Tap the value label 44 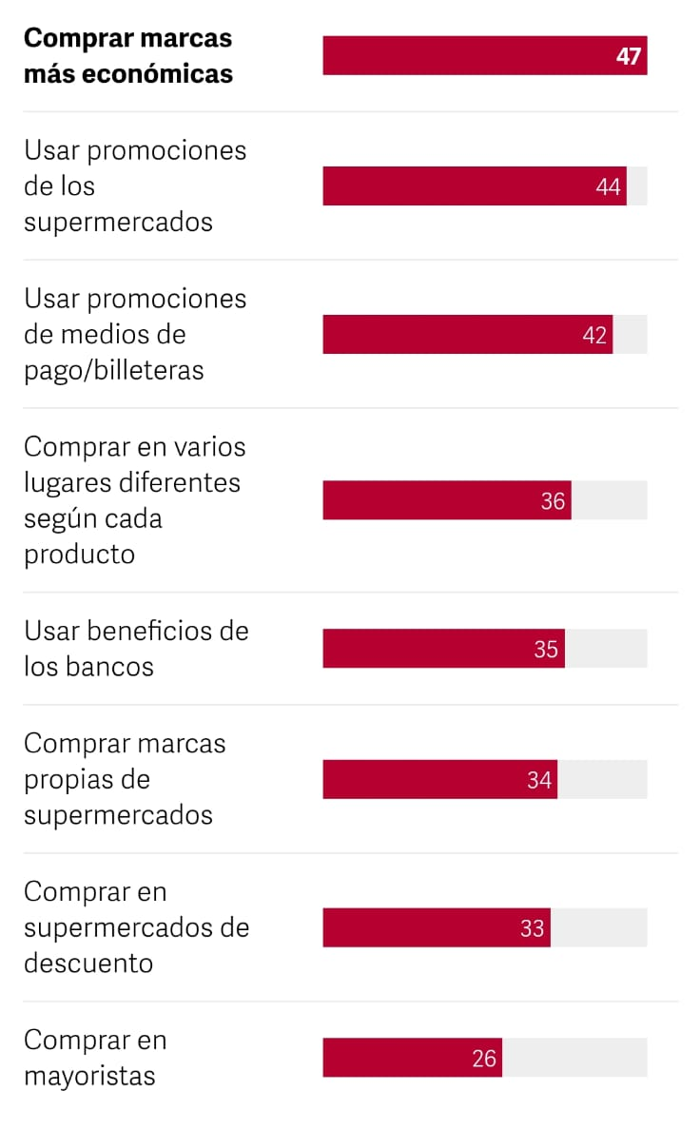[609, 186]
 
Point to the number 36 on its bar [554, 500]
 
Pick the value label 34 [539, 780]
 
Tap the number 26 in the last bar [484, 1058]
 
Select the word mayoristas [89, 1077]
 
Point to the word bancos [109, 667]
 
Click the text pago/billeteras [113, 370]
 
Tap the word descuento [88, 964]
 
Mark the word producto [80, 555]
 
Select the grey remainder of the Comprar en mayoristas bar [574, 1058]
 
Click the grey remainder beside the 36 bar [609, 500]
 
